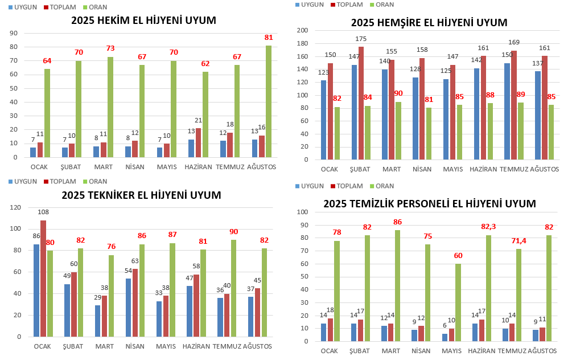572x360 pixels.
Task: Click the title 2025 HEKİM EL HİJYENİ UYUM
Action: click(x=143, y=21)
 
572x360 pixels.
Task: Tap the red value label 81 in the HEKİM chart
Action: click(x=269, y=38)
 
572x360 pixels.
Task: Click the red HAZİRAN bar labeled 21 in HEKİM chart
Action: click(x=198, y=142)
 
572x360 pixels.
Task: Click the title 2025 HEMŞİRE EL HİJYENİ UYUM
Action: click(x=429, y=23)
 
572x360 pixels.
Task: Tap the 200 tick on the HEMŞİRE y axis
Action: click(x=303, y=30)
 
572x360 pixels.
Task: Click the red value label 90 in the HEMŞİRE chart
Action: click(x=399, y=94)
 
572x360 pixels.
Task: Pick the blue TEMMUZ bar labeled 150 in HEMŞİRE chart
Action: click(x=507, y=111)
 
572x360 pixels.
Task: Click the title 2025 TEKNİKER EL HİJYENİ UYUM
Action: click(x=141, y=195)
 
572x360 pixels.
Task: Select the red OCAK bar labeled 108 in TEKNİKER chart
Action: click(x=44, y=278)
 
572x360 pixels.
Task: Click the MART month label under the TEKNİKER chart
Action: click(x=105, y=346)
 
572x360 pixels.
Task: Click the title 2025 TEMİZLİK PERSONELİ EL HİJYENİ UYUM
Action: click(x=429, y=203)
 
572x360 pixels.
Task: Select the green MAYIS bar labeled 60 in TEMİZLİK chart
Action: click(x=458, y=302)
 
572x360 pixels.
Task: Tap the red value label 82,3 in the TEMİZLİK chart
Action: click(x=489, y=227)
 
